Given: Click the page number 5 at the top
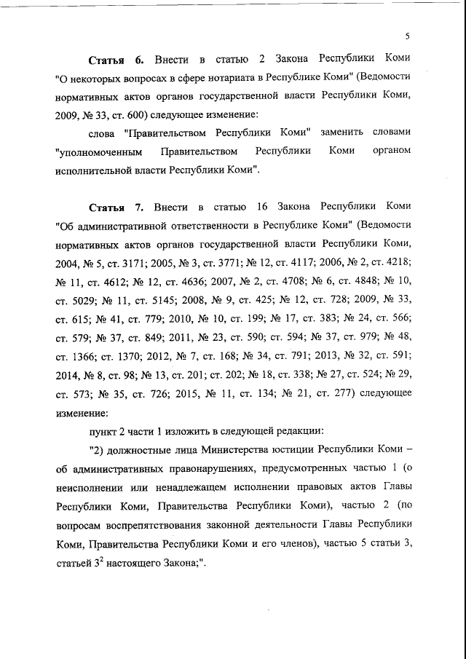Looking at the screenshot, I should click(x=408, y=36).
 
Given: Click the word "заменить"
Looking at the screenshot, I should click(x=346, y=132).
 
